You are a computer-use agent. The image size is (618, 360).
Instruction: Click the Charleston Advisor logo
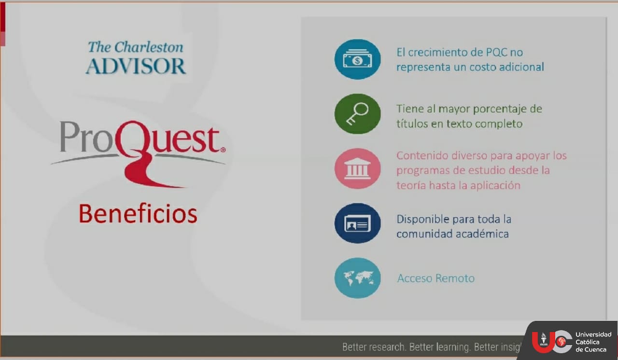(136, 57)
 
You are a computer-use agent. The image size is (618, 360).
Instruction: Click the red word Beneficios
(138, 214)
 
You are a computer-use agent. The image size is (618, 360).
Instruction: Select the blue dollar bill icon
(358, 59)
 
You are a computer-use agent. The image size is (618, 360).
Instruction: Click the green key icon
(358, 114)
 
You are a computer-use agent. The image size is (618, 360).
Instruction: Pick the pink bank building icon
(358, 168)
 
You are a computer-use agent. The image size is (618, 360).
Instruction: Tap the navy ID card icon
(358, 223)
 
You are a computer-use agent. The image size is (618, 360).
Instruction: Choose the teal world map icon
(358, 278)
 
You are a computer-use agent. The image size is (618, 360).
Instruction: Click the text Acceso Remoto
(436, 278)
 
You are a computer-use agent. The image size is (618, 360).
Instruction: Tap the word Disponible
(423, 220)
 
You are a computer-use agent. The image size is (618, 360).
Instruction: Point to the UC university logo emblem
(552, 342)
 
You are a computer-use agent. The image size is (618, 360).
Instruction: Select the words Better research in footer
(374, 347)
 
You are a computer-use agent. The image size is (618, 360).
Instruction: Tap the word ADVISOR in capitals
(136, 66)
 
